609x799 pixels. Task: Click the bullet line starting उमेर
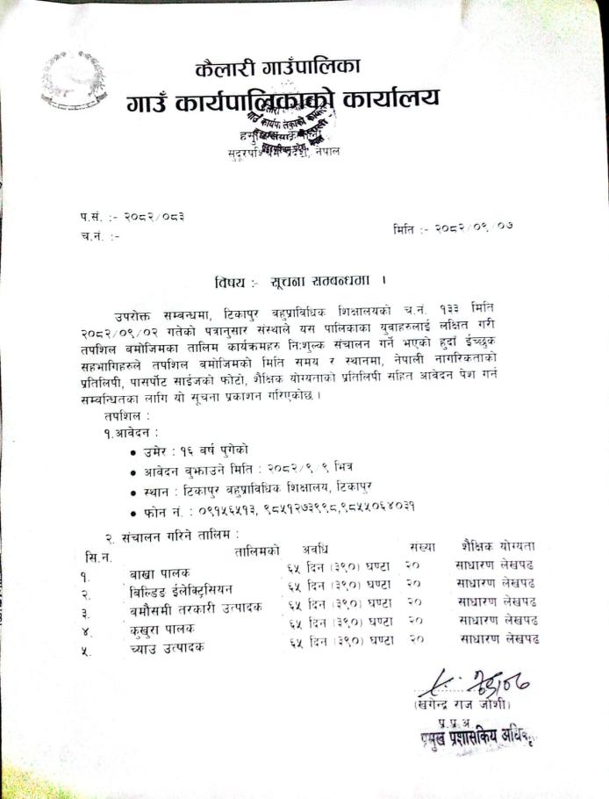190,450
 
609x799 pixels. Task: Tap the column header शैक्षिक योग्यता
498,545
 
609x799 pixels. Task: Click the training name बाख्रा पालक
158,573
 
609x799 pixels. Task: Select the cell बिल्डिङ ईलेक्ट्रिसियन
181,591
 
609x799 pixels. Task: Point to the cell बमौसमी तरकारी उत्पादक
195,608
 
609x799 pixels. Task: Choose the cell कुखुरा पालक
161,629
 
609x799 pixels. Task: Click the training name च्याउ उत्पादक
166,647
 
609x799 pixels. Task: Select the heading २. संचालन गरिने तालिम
171,534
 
